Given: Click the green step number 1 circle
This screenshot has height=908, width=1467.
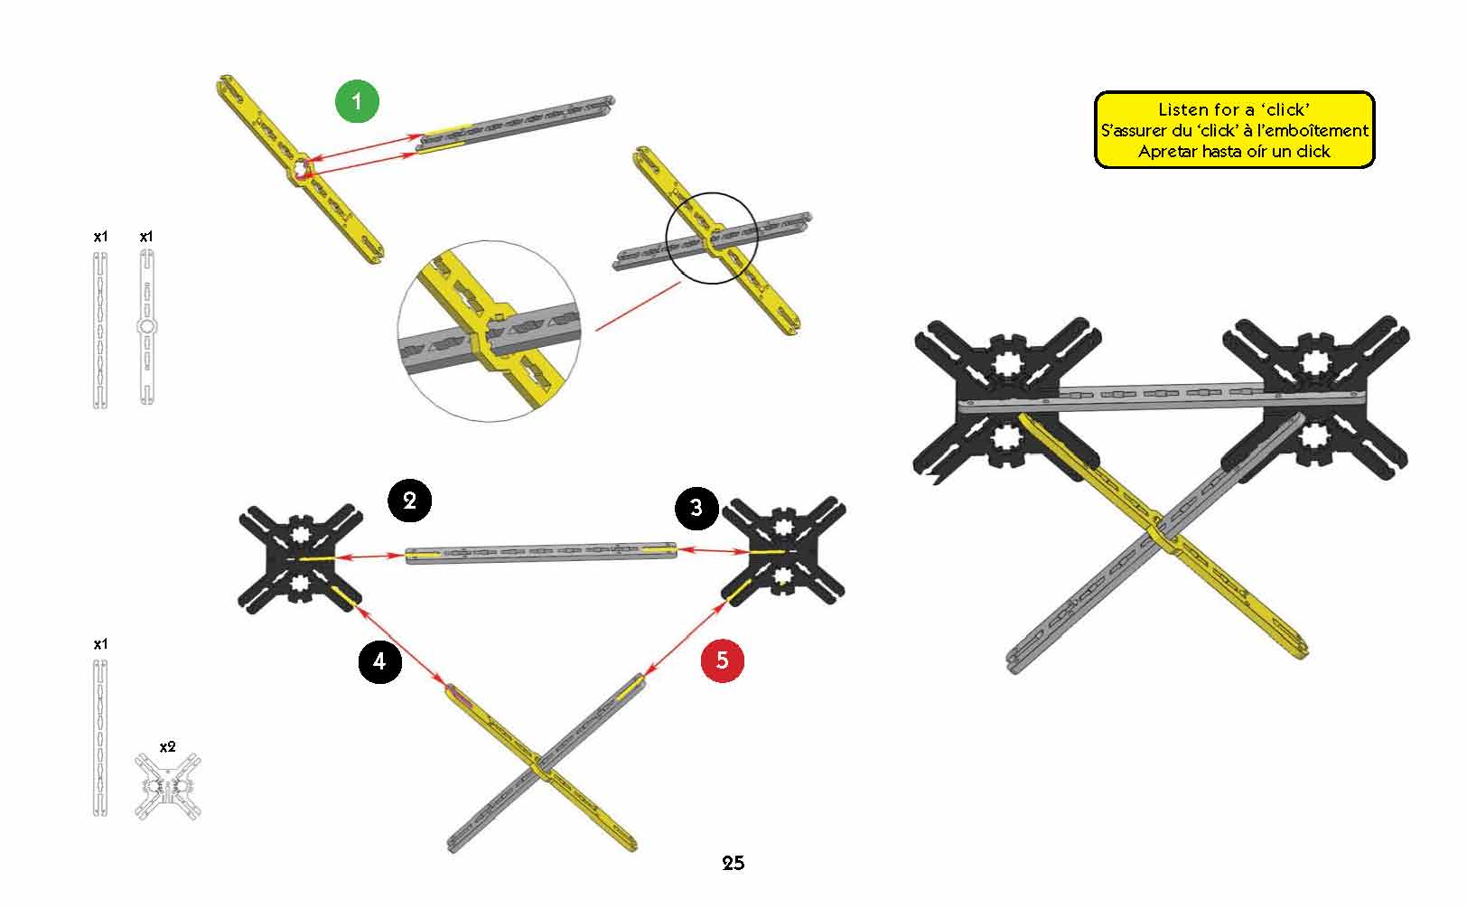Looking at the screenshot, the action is pyautogui.click(x=357, y=101).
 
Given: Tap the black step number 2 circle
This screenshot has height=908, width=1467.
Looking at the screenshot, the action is pyautogui.click(x=410, y=501).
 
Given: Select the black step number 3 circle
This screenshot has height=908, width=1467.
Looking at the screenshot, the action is pyautogui.click(x=696, y=508).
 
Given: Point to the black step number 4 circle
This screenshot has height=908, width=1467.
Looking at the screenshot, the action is pyautogui.click(x=379, y=661).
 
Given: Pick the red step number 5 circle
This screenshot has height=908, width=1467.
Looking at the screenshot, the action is pyautogui.click(x=723, y=660).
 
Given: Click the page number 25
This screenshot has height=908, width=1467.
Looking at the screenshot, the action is pyautogui.click(x=733, y=864).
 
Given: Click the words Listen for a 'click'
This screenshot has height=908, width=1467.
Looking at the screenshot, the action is pyautogui.click(x=1234, y=109).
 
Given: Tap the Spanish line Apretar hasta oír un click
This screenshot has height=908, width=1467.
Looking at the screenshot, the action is pyautogui.click(x=1234, y=152).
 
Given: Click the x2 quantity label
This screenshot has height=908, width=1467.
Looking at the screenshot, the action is pyautogui.click(x=168, y=747).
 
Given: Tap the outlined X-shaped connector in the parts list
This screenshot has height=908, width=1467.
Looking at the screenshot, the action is pyautogui.click(x=168, y=787).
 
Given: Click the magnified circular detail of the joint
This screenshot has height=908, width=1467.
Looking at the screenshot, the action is pyautogui.click(x=489, y=332).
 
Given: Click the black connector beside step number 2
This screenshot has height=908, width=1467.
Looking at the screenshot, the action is pyautogui.click(x=300, y=558).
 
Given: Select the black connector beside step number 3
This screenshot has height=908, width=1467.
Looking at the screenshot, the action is pyautogui.click(x=783, y=551).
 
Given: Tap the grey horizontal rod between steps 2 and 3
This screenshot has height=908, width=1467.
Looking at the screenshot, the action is pyautogui.click(x=541, y=552).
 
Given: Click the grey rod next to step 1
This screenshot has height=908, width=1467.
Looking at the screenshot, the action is pyautogui.click(x=516, y=125).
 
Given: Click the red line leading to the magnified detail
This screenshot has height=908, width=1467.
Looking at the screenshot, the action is pyautogui.click(x=638, y=306).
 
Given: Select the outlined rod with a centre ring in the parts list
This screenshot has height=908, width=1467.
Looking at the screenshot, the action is pyautogui.click(x=146, y=327).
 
